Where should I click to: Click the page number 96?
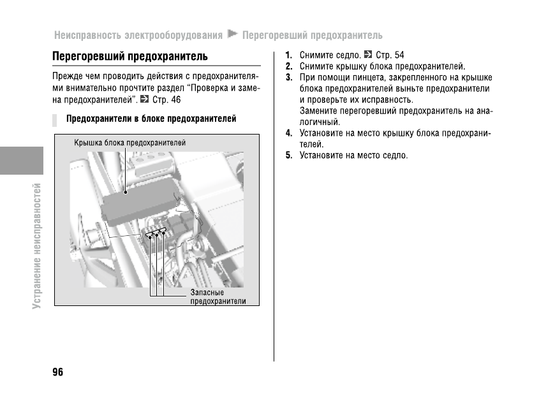[57, 372]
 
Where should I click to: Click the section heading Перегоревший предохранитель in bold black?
[129, 56]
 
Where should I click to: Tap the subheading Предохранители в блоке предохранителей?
[151, 119]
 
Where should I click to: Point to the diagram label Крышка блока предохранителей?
[129, 143]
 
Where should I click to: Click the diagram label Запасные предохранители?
[218, 296]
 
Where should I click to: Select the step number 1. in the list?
[289, 55]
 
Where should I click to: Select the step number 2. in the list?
[289, 66]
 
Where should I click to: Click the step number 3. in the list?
[289, 78]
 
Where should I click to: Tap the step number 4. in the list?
[289, 133]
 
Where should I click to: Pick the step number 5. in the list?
[289, 156]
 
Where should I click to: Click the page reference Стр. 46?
[167, 100]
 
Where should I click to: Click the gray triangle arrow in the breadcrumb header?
[232, 33]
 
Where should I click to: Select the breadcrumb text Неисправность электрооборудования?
[138, 34]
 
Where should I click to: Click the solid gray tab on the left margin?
[21, 161]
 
